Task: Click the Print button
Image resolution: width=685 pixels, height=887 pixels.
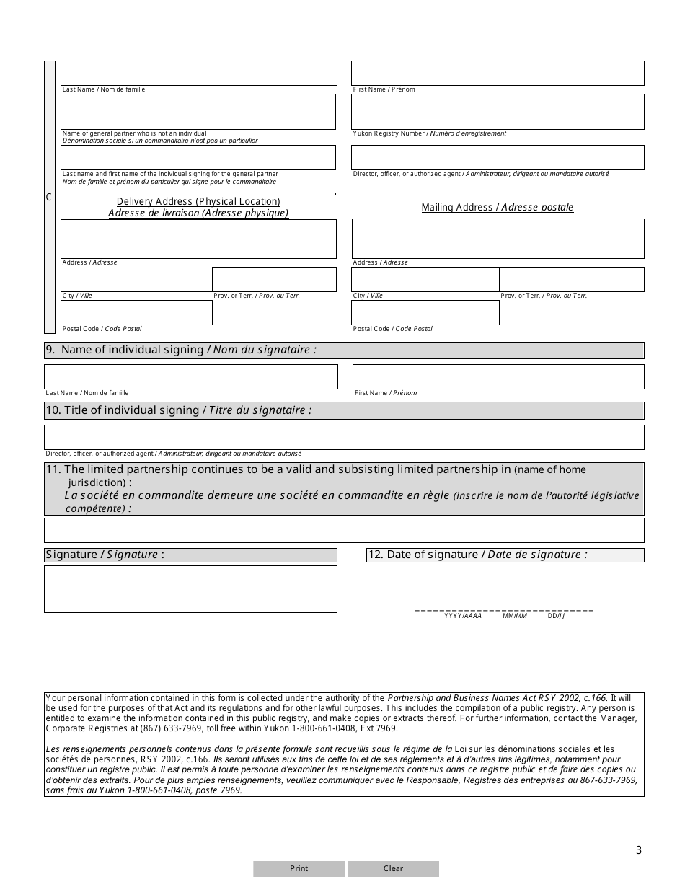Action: coord(299,868)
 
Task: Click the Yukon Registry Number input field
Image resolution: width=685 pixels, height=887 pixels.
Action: coord(498,112)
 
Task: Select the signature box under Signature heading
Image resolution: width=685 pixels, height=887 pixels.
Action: coord(190,589)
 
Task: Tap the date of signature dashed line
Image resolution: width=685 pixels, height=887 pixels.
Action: coord(504,610)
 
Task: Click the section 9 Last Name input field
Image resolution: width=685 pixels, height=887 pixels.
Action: coord(190,376)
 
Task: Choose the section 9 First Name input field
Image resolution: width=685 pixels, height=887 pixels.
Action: coord(498,376)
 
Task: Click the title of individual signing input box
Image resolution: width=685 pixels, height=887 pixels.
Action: coord(344,437)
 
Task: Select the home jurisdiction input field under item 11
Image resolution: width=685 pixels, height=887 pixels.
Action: coord(344,530)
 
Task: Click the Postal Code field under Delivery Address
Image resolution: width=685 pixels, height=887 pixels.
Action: coord(136,312)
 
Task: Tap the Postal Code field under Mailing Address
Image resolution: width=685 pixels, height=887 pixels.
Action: coord(425,312)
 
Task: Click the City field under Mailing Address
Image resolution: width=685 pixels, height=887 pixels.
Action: coord(425,279)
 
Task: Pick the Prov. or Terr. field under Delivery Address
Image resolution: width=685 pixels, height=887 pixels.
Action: coord(274,279)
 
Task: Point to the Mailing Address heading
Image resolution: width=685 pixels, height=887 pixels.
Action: coord(498,208)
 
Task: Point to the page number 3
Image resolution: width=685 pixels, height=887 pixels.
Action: coord(638,850)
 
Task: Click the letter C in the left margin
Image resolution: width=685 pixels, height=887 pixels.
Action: coord(49,198)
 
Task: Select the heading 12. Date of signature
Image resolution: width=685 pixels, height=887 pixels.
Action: coord(477,555)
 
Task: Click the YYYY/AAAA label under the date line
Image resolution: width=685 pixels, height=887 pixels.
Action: coord(462,616)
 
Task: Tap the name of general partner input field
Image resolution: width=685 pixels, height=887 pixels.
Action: coord(198,112)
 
